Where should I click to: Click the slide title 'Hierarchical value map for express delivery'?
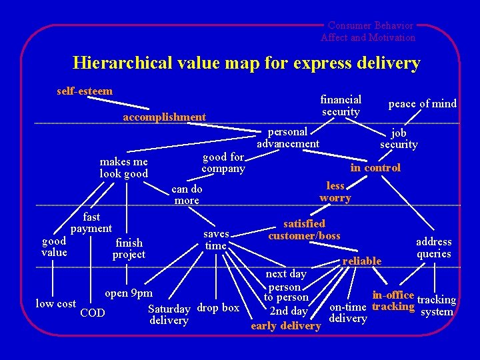tap(246, 63)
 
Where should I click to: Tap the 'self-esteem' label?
tap(85, 91)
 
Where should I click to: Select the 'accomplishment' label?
tap(164, 117)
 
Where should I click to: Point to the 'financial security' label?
tap(341, 105)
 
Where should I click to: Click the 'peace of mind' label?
tap(423, 103)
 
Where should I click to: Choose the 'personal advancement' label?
tap(288, 137)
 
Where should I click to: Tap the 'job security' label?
tap(399, 138)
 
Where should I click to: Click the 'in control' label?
tap(375, 168)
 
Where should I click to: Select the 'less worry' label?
tap(335, 192)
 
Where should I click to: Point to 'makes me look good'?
tap(123, 167)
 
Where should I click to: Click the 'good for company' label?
tap(223, 163)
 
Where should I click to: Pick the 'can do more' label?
tap(187, 195)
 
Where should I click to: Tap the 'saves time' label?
tap(216, 240)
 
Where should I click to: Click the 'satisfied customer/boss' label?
tap(304, 229)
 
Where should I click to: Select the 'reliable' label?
tap(361, 261)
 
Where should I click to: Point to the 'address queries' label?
tap(433, 247)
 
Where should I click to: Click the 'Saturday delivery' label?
tap(169, 315)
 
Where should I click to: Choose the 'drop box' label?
tap(219, 308)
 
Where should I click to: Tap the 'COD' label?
tap(92, 313)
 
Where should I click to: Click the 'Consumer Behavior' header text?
tap(370, 25)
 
